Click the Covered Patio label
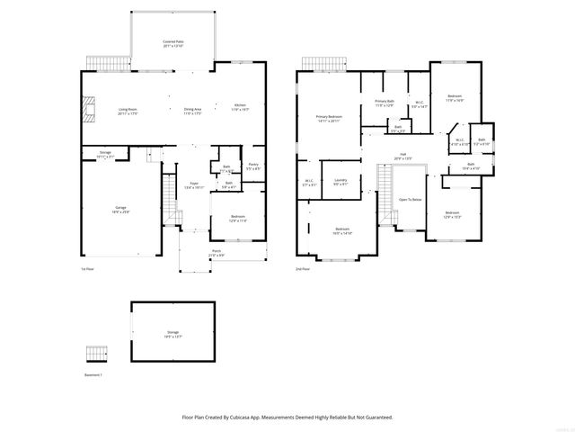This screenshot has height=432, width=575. click(x=173, y=42)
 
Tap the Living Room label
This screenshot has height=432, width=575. click(x=128, y=111)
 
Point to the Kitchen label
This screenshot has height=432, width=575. click(x=240, y=106)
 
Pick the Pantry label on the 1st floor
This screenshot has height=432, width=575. click(x=253, y=166)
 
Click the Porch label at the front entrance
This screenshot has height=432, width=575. click(x=217, y=253)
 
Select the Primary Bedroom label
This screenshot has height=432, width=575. click(x=328, y=118)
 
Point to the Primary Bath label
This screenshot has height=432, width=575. click(x=385, y=102)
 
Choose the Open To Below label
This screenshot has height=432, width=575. click(x=410, y=200)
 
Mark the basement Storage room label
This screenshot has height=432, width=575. click(x=172, y=333)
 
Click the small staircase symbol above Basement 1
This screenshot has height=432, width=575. click(x=96, y=352)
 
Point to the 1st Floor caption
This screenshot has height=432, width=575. click(x=87, y=269)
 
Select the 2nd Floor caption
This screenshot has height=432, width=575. click(x=303, y=269)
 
